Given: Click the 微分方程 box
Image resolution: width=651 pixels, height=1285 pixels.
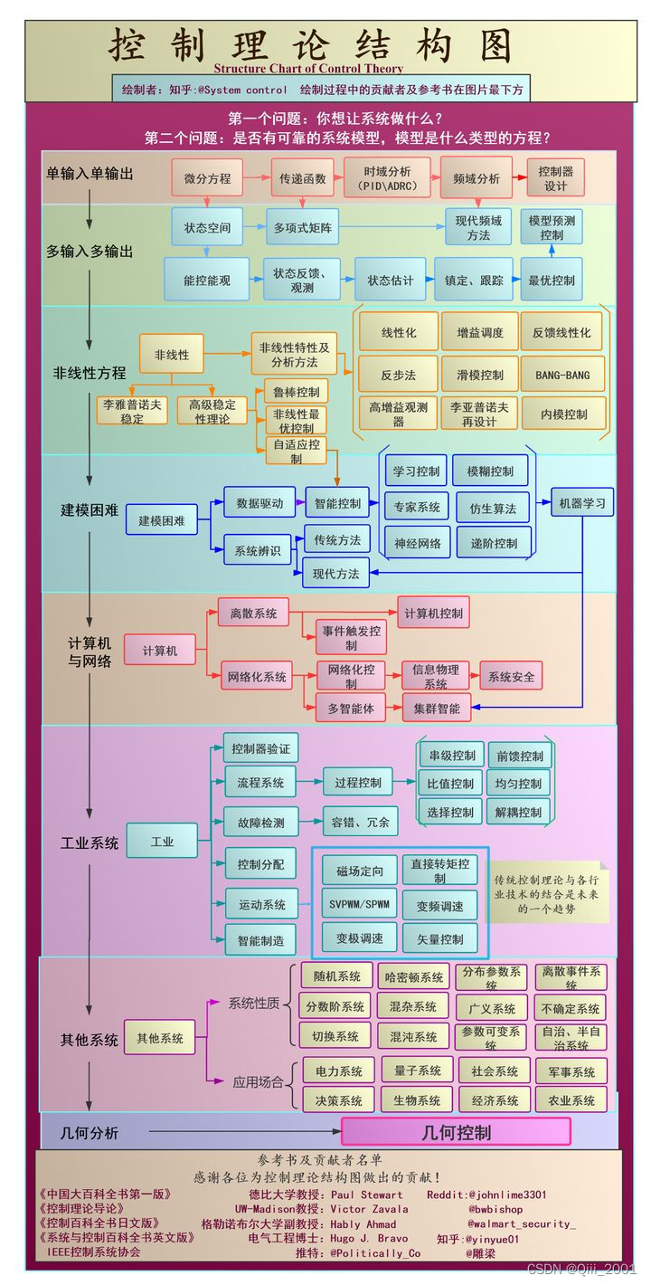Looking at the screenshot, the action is click(x=207, y=178).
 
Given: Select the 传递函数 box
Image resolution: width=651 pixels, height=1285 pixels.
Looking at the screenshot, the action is click(x=302, y=178).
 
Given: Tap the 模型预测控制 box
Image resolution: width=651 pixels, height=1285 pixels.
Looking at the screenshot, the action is click(x=552, y=227).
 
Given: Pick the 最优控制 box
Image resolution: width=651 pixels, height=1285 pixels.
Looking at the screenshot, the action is click(x=552, y=280).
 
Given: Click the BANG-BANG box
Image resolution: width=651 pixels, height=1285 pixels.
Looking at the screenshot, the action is click(x=562, y=373).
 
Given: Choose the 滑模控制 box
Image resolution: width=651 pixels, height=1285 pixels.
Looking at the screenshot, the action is click(x=478, y=373).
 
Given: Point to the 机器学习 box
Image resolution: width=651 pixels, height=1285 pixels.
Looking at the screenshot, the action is click(x=582, y=502).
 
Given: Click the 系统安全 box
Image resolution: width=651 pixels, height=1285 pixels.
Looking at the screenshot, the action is click(x=511, y=676).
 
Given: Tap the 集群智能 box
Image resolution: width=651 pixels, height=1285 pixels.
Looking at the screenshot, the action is click(x=437, y=708).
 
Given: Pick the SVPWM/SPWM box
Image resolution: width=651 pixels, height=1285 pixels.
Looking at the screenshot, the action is click(x=359, y=904).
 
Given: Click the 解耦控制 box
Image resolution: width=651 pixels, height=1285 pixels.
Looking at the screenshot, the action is click(x=519, y=812).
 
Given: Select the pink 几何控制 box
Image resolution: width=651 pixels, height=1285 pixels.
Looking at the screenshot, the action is click(x=456, y=1132).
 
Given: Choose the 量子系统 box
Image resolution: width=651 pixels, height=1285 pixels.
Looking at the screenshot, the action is click(x=418, y=1071).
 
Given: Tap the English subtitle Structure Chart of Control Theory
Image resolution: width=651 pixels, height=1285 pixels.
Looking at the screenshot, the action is click(x=308, y=68).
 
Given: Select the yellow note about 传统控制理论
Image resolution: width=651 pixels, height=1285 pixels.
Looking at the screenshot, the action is click(x=547, y=893).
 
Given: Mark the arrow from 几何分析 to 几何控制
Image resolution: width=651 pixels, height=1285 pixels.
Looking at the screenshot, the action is click(x=244, y=1132).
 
